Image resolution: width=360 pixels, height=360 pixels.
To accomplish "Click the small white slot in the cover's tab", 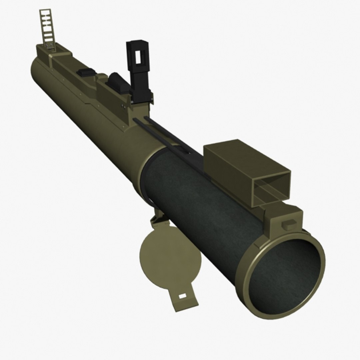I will point(182,296).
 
